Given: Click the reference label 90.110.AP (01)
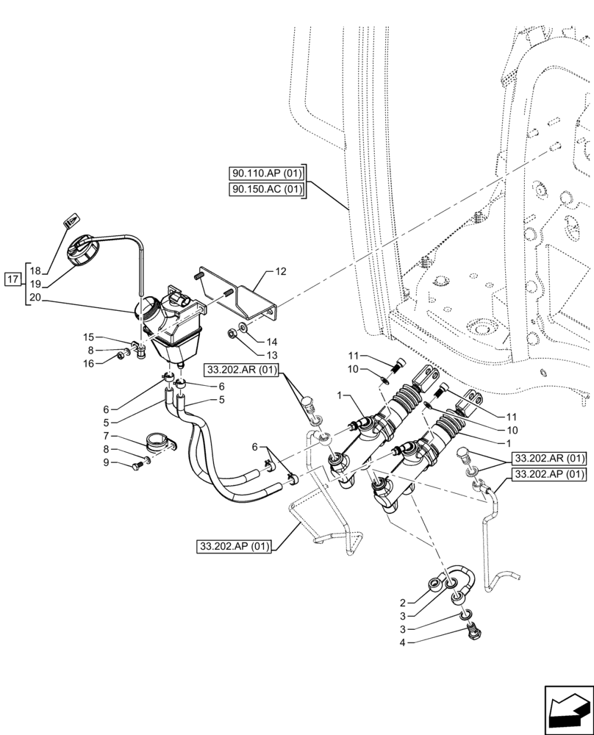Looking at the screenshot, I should tap(266, 174).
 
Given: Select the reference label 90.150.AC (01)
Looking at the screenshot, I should tap(266, 190).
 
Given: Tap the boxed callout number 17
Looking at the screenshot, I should tap(12, 279).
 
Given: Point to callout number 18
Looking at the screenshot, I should tap(35, 271).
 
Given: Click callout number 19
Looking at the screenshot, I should tap(35, 284).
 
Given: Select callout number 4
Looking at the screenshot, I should tap(404, 643).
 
